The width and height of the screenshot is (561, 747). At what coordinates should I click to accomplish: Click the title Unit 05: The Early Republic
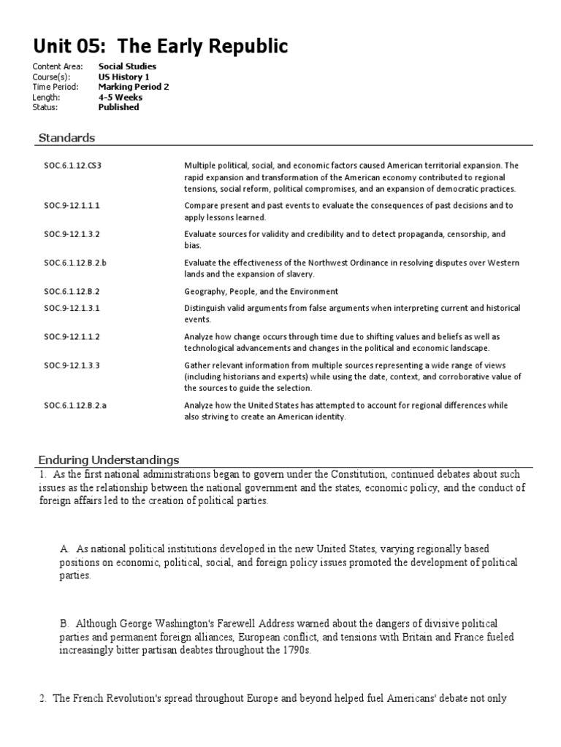(x=161, y=47)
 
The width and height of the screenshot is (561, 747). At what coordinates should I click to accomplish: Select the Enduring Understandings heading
(x=108, y=460)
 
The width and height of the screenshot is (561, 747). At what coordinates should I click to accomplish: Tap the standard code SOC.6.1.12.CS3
(x=72, y=166)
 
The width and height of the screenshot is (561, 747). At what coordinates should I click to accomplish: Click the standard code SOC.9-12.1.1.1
(x=71, y=206)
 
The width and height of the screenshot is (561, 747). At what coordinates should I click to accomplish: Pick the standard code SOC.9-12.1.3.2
(x=71, y=234)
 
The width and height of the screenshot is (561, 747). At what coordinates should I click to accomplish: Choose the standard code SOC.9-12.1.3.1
(x=71, y=309)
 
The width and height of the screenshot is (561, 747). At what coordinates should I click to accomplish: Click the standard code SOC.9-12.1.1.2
(x=71, y=337)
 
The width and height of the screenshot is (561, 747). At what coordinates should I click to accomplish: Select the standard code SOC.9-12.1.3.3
(x=71, y=365)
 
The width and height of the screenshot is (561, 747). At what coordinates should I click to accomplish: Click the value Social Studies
(x=127, y=66)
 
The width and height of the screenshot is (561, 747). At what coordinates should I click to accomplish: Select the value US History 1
(x=123, y=77)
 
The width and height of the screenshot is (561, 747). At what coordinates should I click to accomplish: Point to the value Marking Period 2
(x=134, y=87)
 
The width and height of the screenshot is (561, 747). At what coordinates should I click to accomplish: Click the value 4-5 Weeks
(x=121, y=97)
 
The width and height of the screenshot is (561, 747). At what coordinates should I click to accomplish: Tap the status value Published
(x=118, y=107)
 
